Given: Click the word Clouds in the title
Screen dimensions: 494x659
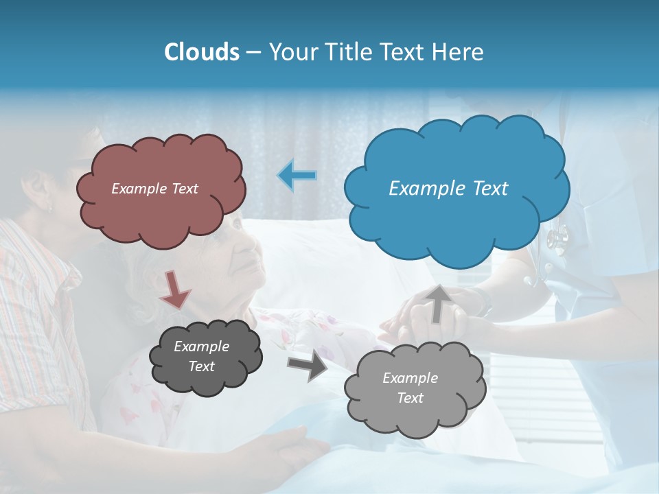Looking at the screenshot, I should (x=201, y=52).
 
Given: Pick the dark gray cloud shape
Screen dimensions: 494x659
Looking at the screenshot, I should (x=206, y=357).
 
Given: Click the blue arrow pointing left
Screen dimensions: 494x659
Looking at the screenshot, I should (x=297, y=176).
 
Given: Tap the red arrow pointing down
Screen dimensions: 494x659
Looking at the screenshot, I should (x=175, y=288).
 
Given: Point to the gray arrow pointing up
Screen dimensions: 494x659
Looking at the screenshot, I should (x=437, y=302).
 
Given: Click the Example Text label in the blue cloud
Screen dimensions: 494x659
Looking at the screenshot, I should (x=448, y=189).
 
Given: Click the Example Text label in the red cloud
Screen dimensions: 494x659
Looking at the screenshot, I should (x=154, y=189).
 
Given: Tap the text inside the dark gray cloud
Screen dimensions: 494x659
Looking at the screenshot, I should (x=201, y=357).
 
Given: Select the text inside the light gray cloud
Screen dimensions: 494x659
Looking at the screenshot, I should (x=410, y=388).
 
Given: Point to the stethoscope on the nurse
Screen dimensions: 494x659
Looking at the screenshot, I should (x=557, y=239).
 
